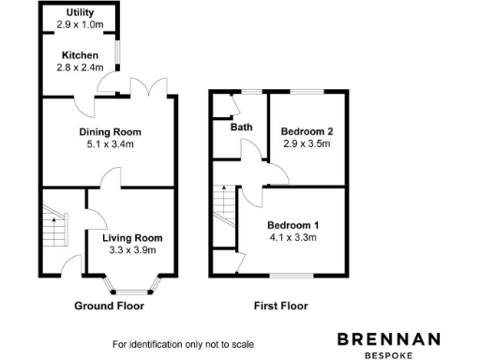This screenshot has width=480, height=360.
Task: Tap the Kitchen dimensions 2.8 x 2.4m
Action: (80, 67)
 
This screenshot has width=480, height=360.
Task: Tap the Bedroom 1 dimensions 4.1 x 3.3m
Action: (292, 238)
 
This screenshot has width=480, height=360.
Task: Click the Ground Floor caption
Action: (109, 306)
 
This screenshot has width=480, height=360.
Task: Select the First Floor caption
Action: (280, 306)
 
